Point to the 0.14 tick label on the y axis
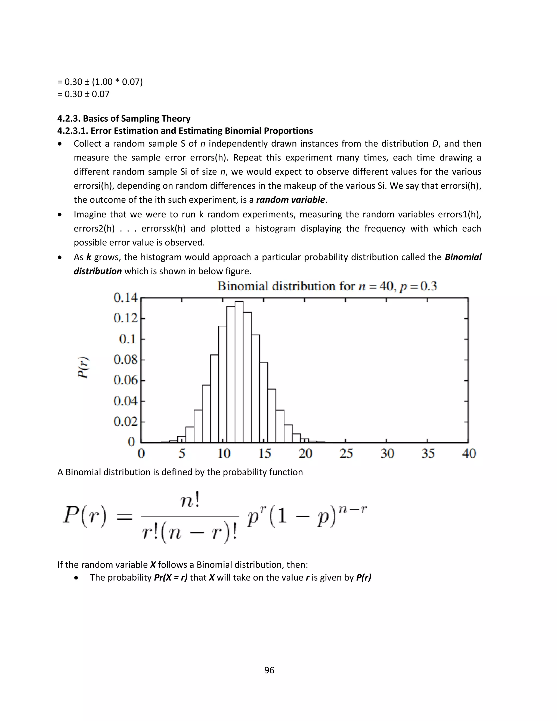point(125,298)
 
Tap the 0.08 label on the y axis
point(125,359)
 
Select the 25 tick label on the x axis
point(346,454)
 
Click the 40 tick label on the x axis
point(469,454)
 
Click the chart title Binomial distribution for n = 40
point(327,286)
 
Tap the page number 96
point(269,670)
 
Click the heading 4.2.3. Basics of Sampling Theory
point(124,119)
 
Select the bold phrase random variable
point(290,200)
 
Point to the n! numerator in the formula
point(190,502)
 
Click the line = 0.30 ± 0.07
point(83,94)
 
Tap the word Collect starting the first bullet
point(88,144)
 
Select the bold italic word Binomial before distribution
point(463,257)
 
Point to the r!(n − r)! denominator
point(190,532)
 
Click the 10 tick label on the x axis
point(224,454)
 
